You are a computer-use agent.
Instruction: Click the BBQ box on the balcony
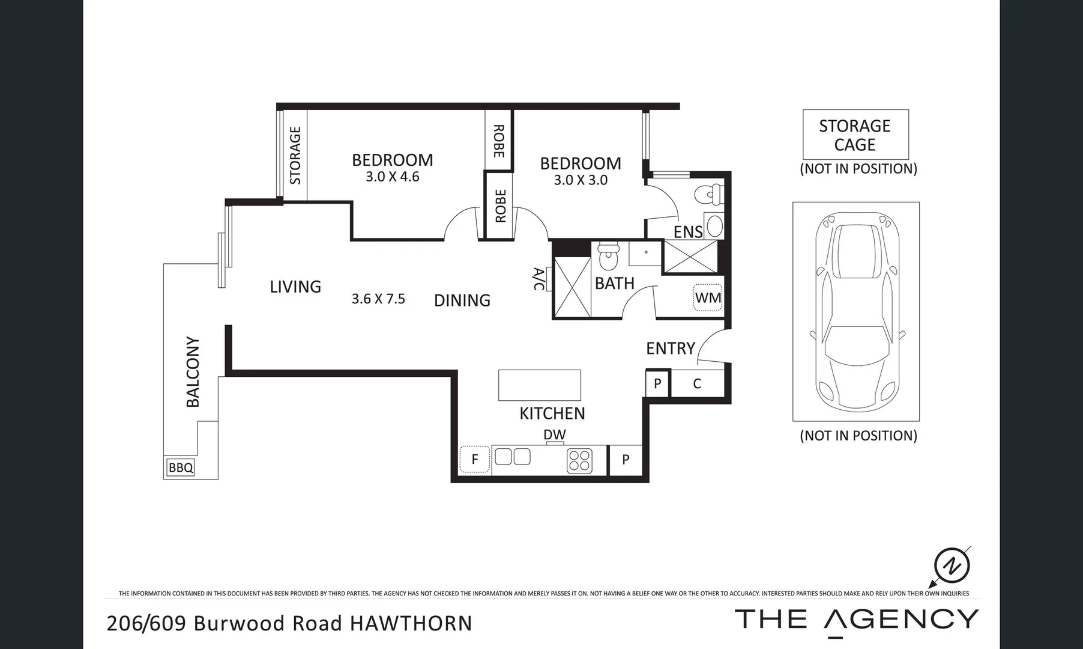coord(181,468)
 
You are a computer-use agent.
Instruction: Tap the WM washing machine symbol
coord(708,297)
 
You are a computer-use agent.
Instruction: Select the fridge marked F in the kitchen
coord(475,460)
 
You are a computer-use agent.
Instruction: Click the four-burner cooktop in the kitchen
coord(579,461)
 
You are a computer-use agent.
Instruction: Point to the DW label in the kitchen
coord(554,434)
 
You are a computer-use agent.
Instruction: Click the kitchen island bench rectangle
coord(539,385)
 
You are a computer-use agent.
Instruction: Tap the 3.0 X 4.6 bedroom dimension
coord(392,177)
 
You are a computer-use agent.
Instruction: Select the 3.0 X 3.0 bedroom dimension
coord(581,180)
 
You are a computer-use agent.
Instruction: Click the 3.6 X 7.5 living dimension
coord(378,299)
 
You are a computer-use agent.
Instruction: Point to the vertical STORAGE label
coord(295,155)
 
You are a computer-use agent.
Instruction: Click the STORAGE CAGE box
coord(855,135)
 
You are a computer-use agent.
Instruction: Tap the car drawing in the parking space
coord(857,311)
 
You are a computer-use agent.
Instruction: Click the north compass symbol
coord(952,565)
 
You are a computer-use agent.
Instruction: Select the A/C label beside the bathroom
coord(538,279)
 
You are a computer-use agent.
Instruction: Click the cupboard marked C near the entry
coord(697,384)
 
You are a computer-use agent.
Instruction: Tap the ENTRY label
coord(670,349)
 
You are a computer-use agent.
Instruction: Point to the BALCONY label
coord(193,371)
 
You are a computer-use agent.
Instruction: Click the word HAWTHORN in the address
coord(411,623)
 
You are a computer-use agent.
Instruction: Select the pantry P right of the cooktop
coord(626,460)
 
